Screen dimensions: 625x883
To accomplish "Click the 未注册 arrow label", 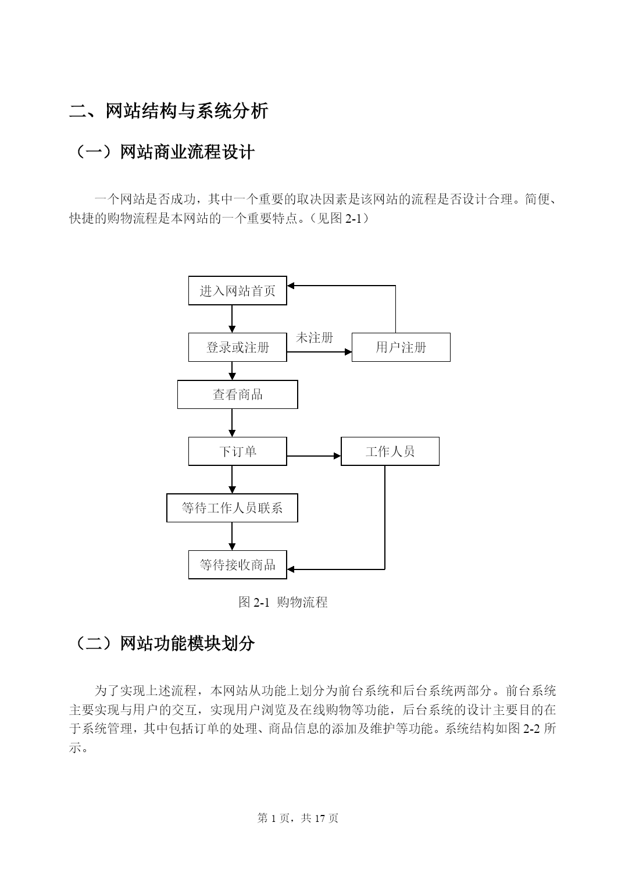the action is [x=315, y=337].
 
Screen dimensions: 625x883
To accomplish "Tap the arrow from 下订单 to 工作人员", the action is [x=314, y=456].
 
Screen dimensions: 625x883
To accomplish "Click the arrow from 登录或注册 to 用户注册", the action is [x=319, y=351].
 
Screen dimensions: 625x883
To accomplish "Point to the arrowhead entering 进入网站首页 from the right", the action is [x=291, y=286].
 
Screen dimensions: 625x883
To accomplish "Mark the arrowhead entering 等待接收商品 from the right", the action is [x=291, y=569].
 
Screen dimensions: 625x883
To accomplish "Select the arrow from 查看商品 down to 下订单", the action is [x=232, y=422].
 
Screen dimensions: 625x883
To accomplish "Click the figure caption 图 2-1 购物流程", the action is [x=283, y=602].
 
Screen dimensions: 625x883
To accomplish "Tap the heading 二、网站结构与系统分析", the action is [x=169, y=111].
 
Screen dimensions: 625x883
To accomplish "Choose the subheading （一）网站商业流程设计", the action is [x=162, y=152].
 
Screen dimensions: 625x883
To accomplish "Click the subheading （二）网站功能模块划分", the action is [x=162, y=644].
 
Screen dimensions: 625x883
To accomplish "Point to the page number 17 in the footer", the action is [x=320, y=818].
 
